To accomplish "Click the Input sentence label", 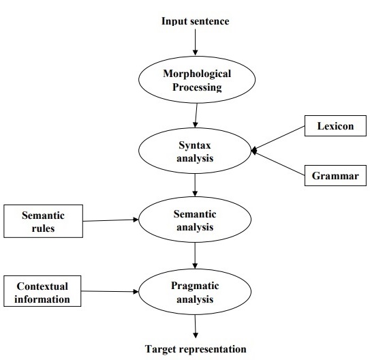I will [x=195, y=21].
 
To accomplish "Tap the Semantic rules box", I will [x=44, y=222].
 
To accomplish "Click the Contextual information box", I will [x=44, y=291].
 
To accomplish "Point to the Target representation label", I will [x=195, y=349].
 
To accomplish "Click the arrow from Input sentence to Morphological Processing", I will [x=196, y=42].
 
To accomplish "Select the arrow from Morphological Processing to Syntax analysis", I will [x=196, y=115].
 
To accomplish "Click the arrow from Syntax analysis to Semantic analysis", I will [x=196, y=185].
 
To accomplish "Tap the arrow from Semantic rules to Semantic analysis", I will [x=112, y=220].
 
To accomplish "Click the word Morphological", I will [x=197, y=73].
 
